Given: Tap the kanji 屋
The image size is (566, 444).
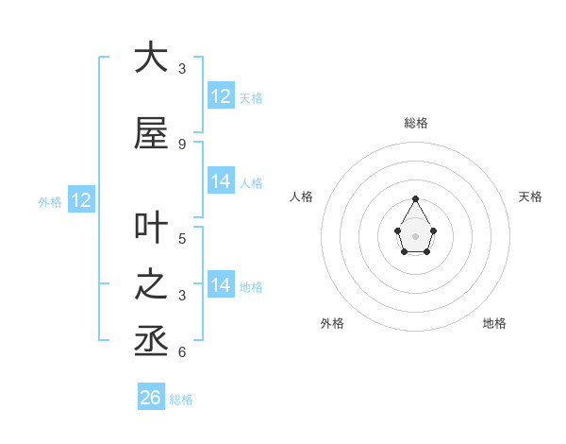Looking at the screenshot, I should click(x=151, y=134).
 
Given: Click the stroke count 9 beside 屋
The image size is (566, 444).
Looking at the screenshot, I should click(x=182, y=144).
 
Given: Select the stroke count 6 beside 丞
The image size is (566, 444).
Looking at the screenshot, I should click(x=182, y=352).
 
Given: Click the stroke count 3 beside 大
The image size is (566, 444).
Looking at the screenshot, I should click(x=182, y=69).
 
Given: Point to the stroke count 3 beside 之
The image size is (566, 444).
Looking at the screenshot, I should click(x=182, y=296).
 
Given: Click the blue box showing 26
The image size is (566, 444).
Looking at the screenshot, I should click(x=151, y=398).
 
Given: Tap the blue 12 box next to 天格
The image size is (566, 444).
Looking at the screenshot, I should click(x=221, y=96).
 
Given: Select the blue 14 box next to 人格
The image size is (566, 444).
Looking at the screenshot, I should click(x=221, y=181).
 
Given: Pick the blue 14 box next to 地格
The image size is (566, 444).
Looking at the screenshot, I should click(x=221, y=285).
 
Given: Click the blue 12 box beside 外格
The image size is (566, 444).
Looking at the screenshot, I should click(x=81, y=200).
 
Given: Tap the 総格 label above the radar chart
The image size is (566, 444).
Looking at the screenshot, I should click(x=415, y=123).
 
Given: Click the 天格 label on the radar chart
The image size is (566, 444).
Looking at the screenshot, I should click(x=530, y=196).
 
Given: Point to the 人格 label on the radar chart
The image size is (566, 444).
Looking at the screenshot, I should click(x=301, y=196).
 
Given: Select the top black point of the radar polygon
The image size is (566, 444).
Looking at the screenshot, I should click(x=415, y=198).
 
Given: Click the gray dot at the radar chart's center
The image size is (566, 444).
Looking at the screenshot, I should click(x=415, y=235).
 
